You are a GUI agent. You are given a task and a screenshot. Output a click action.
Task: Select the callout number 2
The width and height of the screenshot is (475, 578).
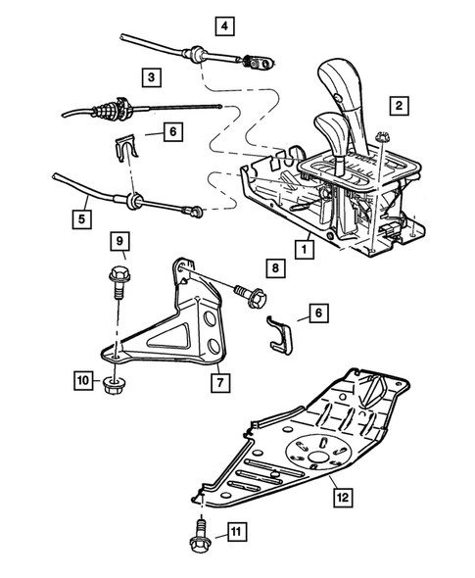pos(398,105)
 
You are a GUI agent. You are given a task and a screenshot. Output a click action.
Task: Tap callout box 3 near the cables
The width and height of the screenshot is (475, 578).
pos(150,75)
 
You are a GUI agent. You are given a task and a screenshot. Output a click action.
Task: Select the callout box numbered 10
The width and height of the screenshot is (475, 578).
pos(80,377)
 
